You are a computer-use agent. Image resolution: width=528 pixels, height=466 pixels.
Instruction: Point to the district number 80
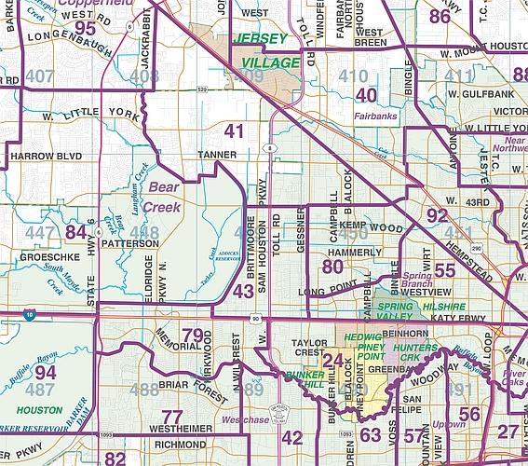[x=332, y=267]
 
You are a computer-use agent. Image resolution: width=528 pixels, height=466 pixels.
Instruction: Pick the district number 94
[x=46, y=372]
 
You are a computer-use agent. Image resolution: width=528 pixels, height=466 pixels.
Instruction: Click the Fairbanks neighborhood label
[x=376, y=116]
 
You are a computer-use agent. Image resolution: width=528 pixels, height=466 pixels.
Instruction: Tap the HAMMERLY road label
[x=354, y=253]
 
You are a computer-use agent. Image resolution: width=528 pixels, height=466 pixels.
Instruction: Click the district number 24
[x=332, y=361]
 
